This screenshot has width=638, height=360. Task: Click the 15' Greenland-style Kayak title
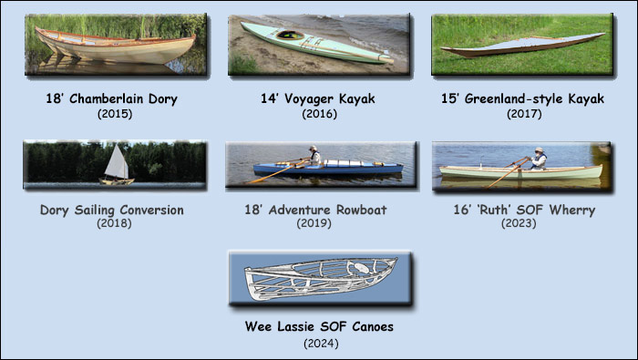pyautogui.click(x=523, y=98)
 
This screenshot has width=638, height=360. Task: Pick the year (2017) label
pyautogui.click(x=523, y=114)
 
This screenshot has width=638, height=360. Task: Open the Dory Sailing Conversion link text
pyautogui.click(x=112, y=210)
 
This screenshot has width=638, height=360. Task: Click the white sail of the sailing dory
pyautogui.click(x=118, y=163)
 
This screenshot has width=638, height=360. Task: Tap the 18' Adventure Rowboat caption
pyautogui.click(x=319, y=210)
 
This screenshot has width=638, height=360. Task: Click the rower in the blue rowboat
pyautogui.click(x=314, y=156)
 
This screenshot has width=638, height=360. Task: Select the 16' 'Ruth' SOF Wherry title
pyautogui.click(x=523, y=210)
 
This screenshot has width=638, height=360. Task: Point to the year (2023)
pyautogui.click(x=523, y=222)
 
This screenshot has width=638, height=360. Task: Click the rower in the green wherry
pyautogui.click(x=539, y=159)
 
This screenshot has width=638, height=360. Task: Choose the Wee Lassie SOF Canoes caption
pyautogui.click(x=319, y=326)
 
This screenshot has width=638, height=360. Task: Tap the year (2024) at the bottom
pyautogui.click(x=319, y=344)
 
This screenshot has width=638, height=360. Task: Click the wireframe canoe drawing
pyautogui.click(x=319, y=278)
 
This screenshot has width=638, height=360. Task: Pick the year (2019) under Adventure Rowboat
pyautogui.click(x=319, y=222)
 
